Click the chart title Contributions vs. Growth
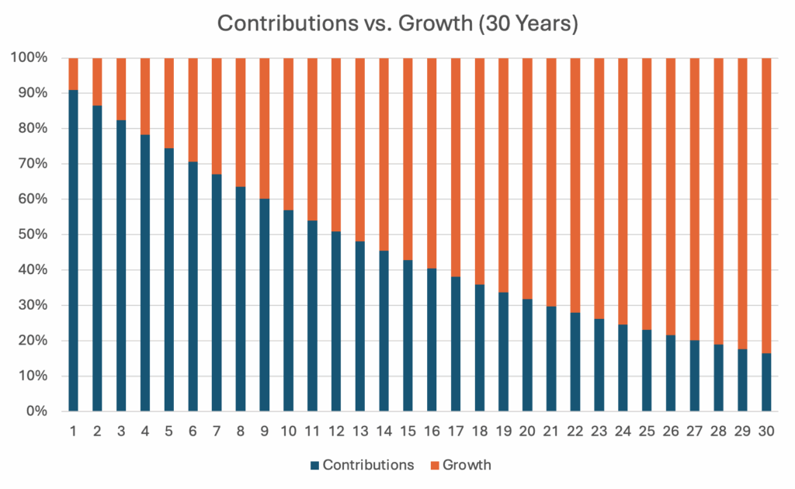pos(397,23)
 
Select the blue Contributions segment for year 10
pos(289,310)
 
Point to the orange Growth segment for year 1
pos(74,74)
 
